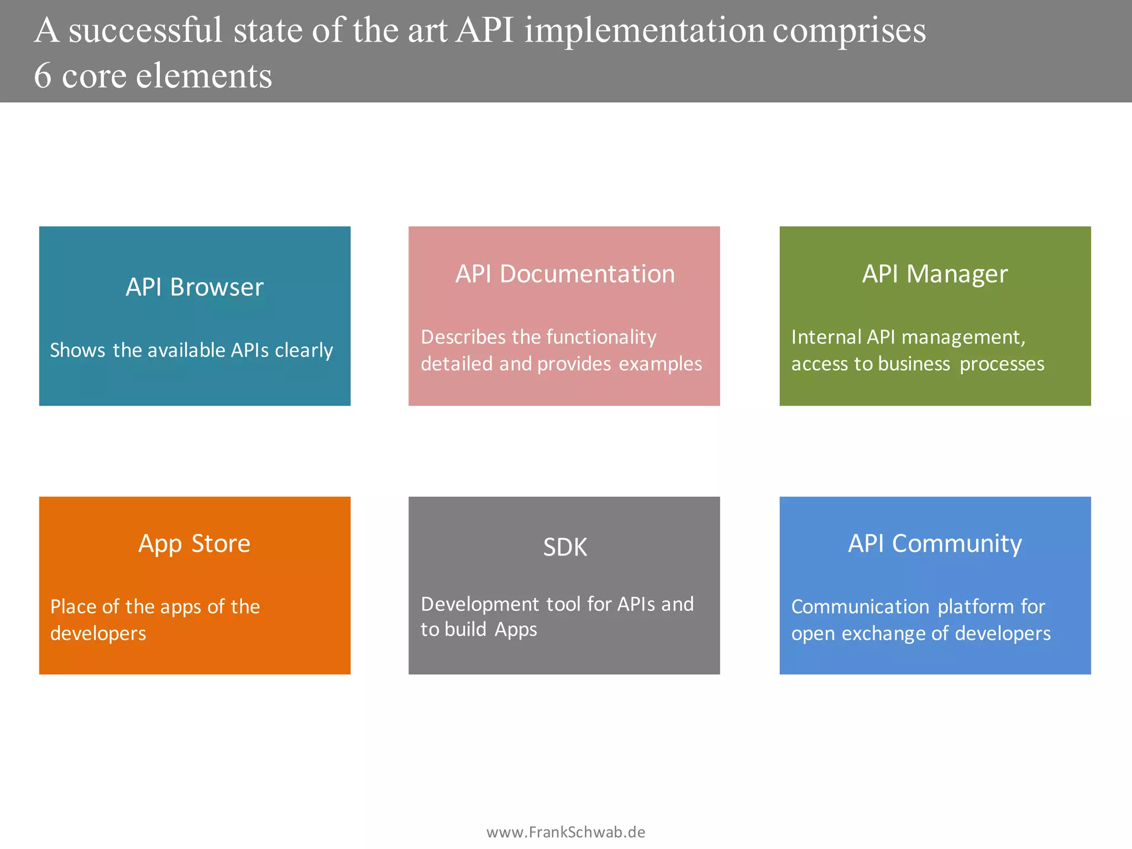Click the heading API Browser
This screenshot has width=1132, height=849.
tap(195, 287)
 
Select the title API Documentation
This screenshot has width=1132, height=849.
tap(565, 274)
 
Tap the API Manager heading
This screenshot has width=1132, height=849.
tap(935, 274)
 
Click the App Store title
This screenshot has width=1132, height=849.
tap(195, 544)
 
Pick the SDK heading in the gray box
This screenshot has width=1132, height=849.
tap(565, 547)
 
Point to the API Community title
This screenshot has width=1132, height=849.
tap(935, 544)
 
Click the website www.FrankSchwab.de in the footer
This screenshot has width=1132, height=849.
tap(565, 832)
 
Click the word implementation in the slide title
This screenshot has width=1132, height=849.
tap(644, 30)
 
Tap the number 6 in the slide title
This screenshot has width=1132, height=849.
tap(43, 76)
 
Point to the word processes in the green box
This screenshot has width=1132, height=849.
tap(1002, 364)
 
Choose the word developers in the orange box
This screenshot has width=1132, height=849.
tap(98, 633)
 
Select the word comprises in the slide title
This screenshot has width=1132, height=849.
tap(848, 30)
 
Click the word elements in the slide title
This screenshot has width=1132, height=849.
tap(204, 76)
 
